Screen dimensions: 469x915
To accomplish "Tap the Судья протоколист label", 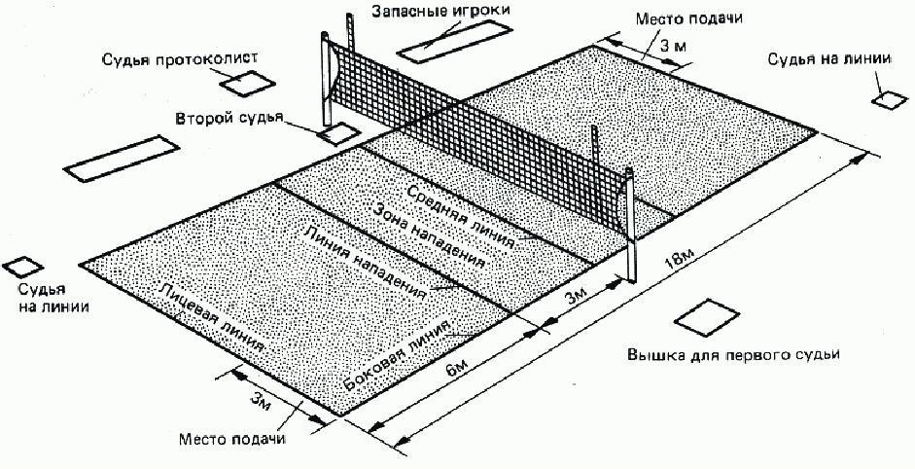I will pos(181,61).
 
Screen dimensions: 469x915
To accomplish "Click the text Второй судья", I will pos(229,119).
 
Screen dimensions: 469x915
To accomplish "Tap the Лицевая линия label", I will pos(212,320).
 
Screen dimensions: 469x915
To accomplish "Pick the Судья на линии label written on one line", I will pos(828,59).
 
